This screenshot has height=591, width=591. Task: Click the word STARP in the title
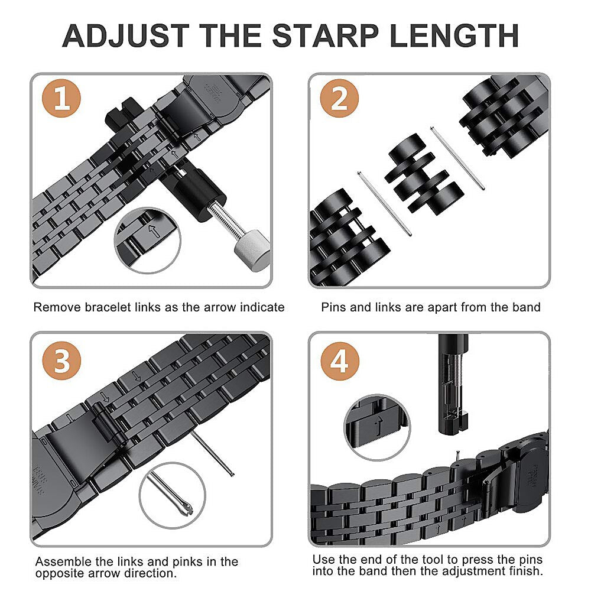[x=325, y=36]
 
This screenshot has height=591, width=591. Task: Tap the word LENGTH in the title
[x=454, y=36]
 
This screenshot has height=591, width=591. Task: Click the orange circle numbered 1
[x=61, y=98]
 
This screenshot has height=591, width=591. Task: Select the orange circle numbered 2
[x=339, y=98]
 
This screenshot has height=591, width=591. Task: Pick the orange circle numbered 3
[x=61, y=361]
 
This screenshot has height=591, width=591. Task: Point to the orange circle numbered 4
[x=340, y=361]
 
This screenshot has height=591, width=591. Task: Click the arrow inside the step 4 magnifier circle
[x=379, y=426]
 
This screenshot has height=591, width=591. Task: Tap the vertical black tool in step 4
[x=453, y=385]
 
